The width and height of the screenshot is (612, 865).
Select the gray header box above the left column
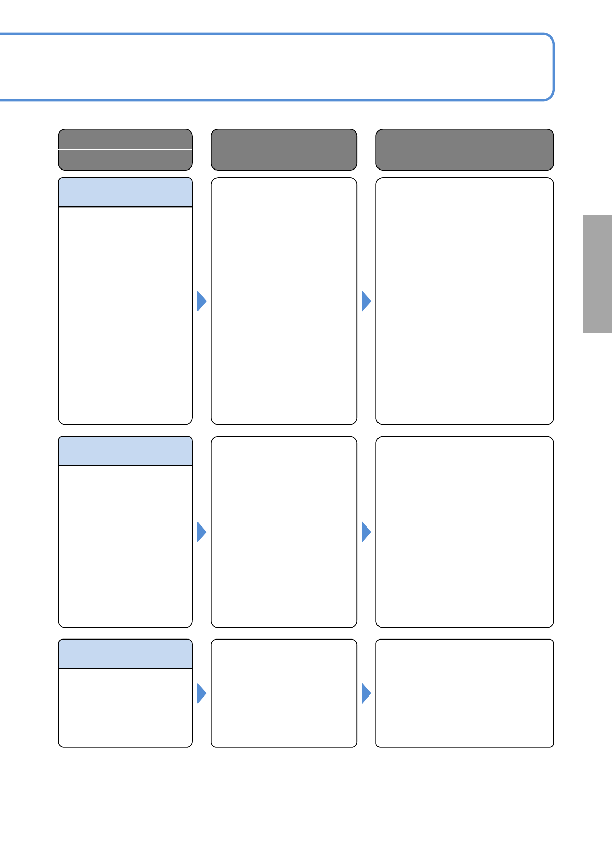tap(125, 149)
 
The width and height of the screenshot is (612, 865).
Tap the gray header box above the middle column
tap(284, 149)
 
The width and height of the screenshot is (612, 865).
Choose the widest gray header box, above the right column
tap(464, 149)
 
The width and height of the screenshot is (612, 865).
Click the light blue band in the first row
tap(125, 193)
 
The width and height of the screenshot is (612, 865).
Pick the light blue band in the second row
tap(125, 451)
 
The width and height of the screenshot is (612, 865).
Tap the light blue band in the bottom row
tap(125, 654)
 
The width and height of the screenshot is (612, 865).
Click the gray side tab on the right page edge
tap(597, 274)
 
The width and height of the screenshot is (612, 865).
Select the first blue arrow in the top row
tap(201, 301)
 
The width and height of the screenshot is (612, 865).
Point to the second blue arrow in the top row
tap(366, 301)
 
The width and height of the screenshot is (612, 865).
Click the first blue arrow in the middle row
tap(201, 532)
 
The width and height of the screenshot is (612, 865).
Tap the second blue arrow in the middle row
tap(366, 532)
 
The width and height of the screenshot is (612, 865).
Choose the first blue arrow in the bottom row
tap(201, 693)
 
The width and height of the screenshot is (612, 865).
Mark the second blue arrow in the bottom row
tap(366, 693)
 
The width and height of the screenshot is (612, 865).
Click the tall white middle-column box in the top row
tap(284, 301)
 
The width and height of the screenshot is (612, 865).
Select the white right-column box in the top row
tap(464, 301)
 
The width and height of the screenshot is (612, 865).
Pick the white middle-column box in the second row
tap(284, 532)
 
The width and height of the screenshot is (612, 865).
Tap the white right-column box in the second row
tap(464, 532)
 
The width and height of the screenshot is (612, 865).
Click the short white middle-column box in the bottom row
tap(284, 693)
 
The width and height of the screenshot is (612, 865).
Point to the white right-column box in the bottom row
tap(464, 693)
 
